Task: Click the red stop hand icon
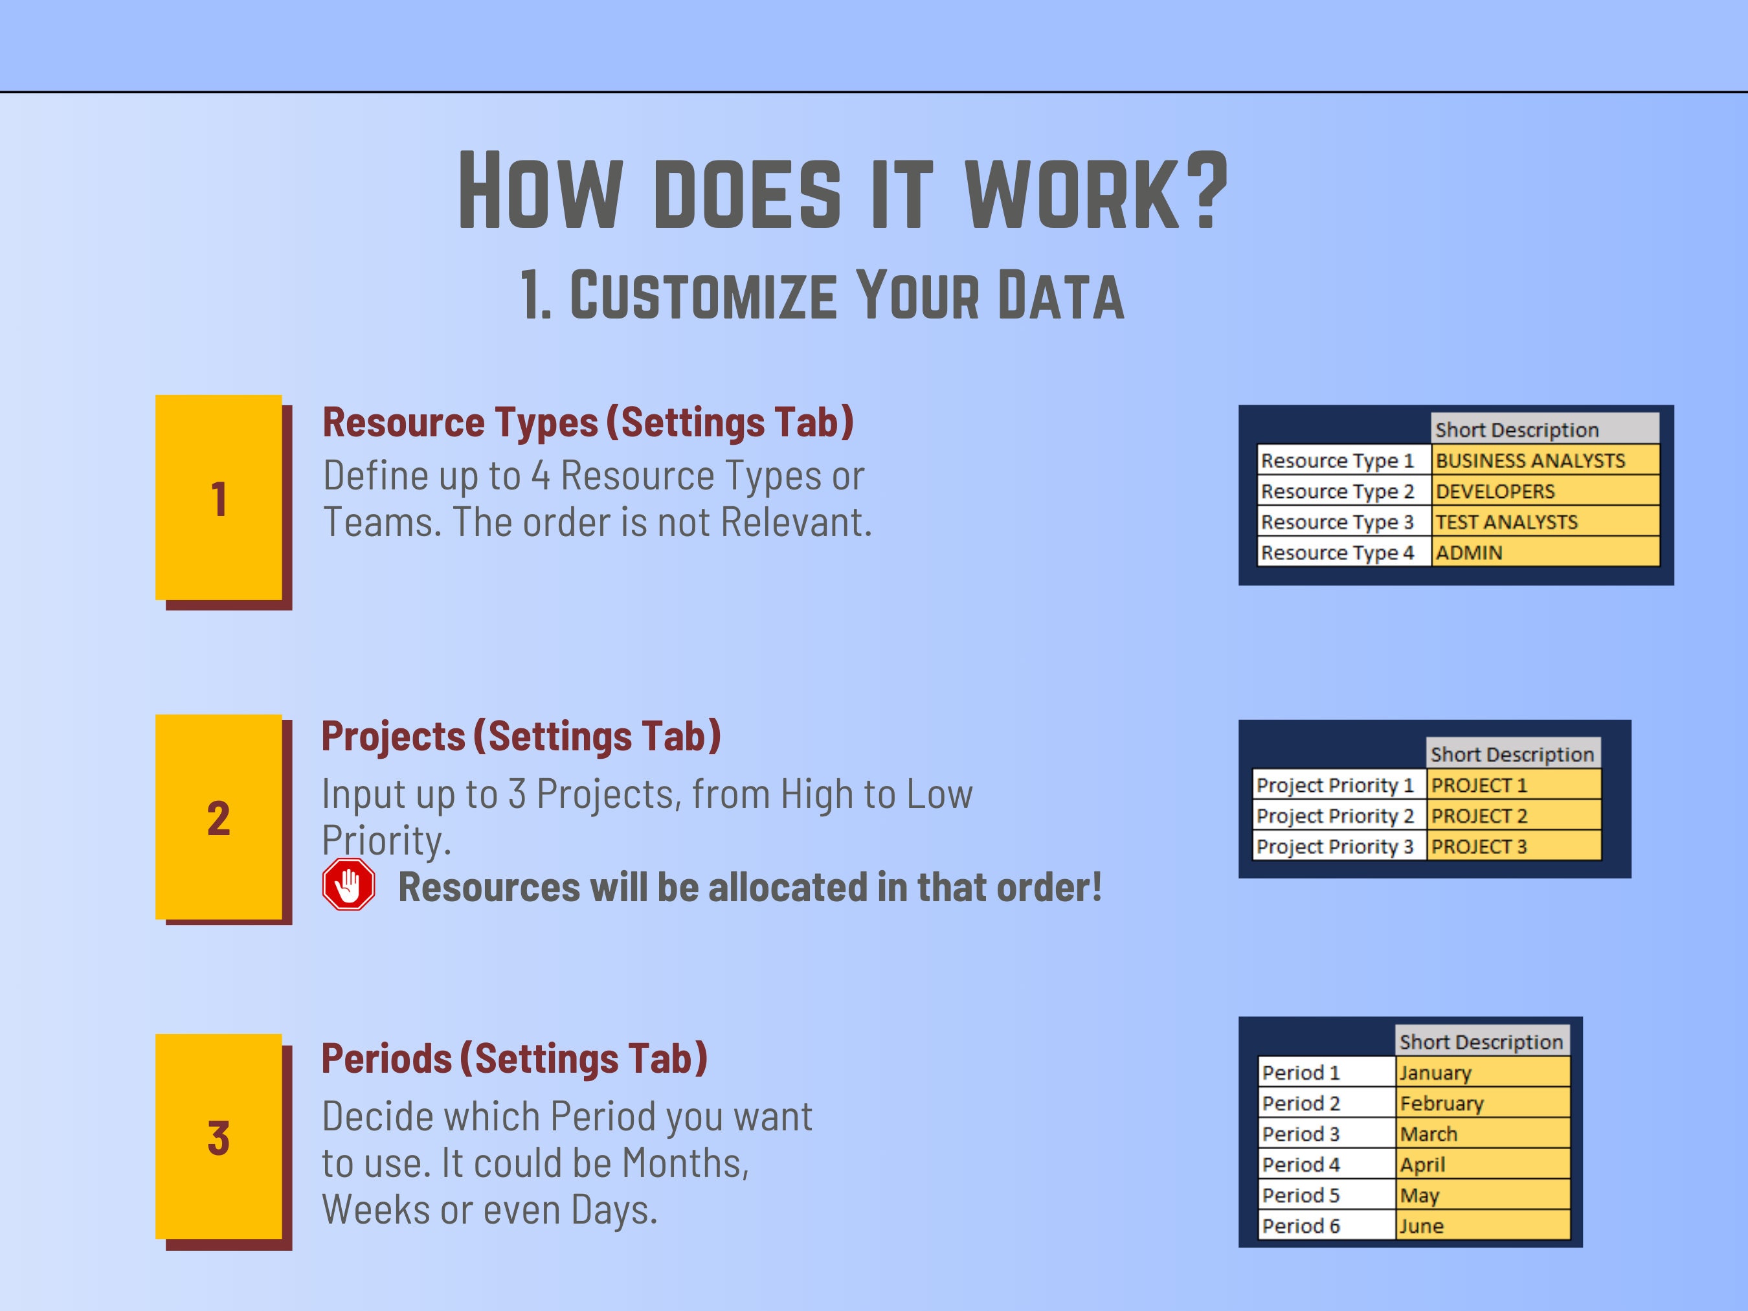click(348, 884)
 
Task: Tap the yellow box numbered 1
click(218, 498)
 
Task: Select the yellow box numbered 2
click(218, 817)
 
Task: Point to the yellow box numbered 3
click(218, 1136)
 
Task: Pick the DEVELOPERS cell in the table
click(1544, 491)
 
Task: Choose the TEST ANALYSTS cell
click(1544, 522)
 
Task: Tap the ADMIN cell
click(1544, 552)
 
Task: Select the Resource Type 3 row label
click(1343, 522)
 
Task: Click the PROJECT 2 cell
click(1513, 816)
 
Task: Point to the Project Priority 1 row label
click(1339, 785)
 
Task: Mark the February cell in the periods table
click(1483, 1103)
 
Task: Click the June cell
click(1483, 1226)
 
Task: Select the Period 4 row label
click(1326, 1164)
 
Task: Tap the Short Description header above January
click(1482, 1042)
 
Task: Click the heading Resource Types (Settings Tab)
click(588, 422)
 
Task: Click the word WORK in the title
click(1072, 192)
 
